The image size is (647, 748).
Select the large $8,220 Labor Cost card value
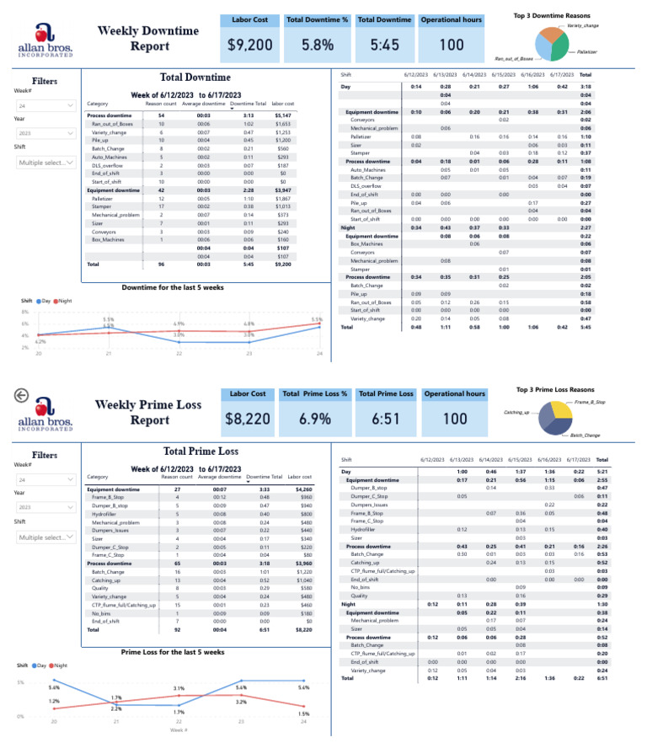tap(249, 418)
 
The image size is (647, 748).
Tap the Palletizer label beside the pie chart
tap(587, 51)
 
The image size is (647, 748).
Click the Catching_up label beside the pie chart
tap(516, 412)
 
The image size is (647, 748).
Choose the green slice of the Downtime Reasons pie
tap(559, 48)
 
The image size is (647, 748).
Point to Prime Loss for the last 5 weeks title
tap(172, 652)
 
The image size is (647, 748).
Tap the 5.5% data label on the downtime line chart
tap(109, 319)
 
